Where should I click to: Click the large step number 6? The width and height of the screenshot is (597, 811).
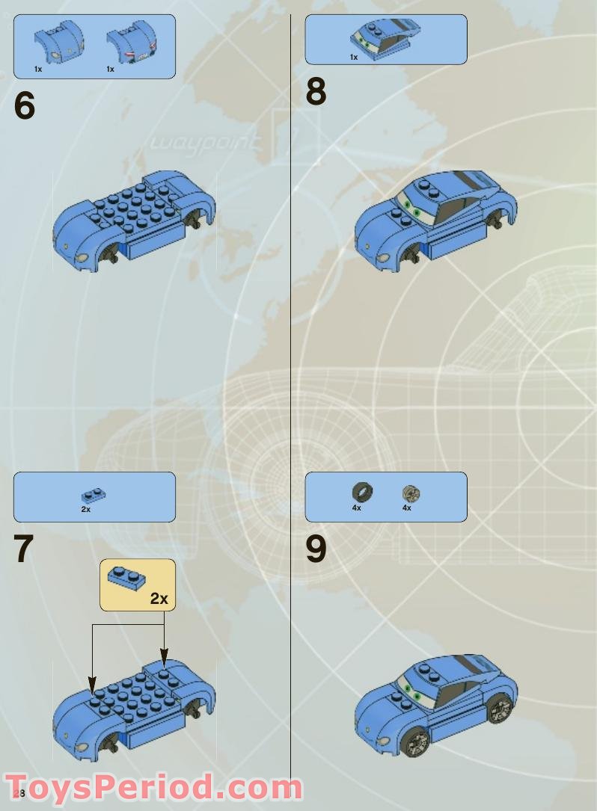[24, 106]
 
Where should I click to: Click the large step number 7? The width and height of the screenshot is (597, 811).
[24, 549]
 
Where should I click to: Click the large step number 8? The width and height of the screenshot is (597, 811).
[316, 93]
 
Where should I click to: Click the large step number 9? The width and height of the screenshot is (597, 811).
[316, 549]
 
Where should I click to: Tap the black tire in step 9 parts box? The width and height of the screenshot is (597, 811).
[362, 492]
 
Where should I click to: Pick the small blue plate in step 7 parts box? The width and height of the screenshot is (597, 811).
[93, 494]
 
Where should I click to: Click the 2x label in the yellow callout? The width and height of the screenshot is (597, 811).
[159, 598]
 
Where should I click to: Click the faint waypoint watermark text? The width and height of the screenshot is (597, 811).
[205, 142]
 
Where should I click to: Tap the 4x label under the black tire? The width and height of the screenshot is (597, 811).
[356, 508]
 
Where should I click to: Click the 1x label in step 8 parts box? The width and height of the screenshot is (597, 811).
[354, 57]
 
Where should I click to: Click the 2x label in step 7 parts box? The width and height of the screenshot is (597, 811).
[86, 509]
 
